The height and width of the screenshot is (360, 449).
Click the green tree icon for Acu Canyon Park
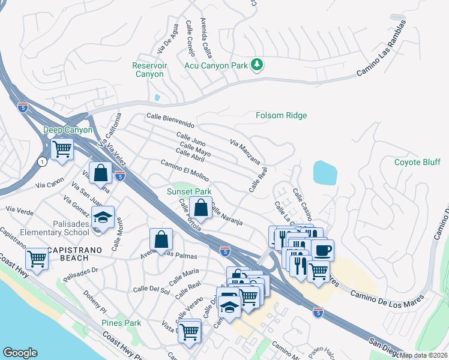click(x=257, y=64)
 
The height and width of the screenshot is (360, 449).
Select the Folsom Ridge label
click(x=281, y=115)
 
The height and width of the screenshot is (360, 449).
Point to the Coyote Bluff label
click(x=417, y=162)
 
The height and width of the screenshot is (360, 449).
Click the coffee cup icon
click(x=322, y=249)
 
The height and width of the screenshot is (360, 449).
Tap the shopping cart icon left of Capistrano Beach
click(x=37, y=259)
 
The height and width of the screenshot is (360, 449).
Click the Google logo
click(x=20, y=353)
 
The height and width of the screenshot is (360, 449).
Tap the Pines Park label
click(x=121, y=323)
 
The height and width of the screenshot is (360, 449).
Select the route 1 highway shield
click(x=41, y=162)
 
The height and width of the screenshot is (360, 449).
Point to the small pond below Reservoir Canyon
click(x=157, y=97)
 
